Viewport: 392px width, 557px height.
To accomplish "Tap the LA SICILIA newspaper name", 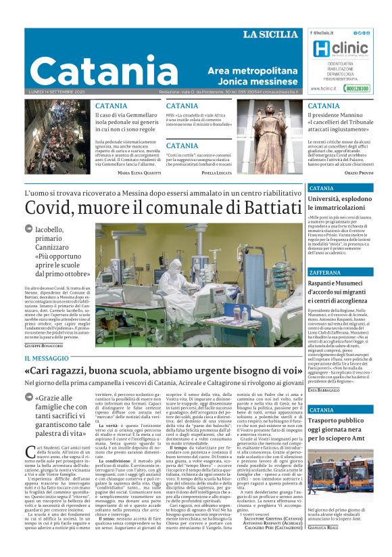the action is [x=270, y=35].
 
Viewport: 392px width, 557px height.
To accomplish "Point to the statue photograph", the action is [x=270, y=135].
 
